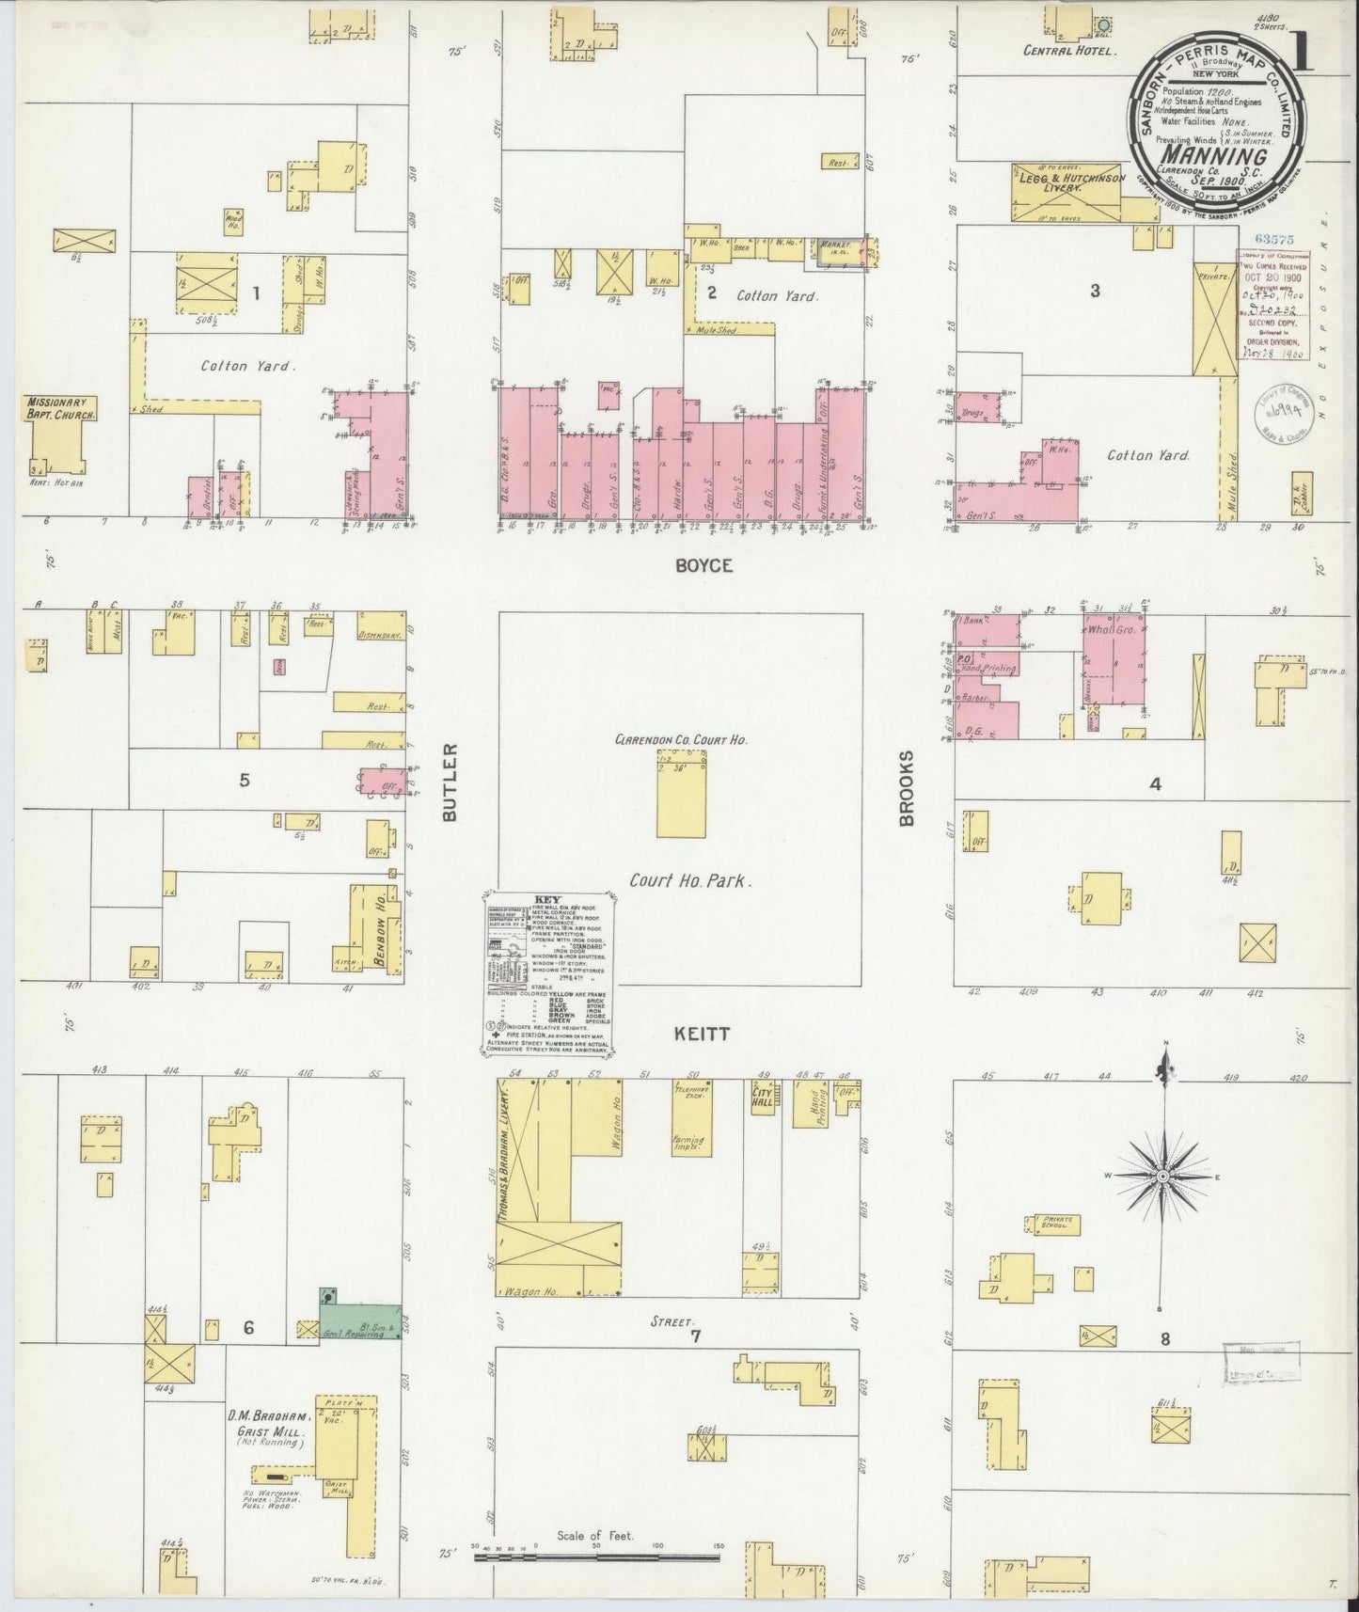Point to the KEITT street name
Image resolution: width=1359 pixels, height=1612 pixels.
click(701, 1034)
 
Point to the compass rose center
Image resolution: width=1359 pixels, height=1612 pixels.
click(1163, 1177)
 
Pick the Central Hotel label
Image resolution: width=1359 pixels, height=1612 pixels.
click(1069, 52)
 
